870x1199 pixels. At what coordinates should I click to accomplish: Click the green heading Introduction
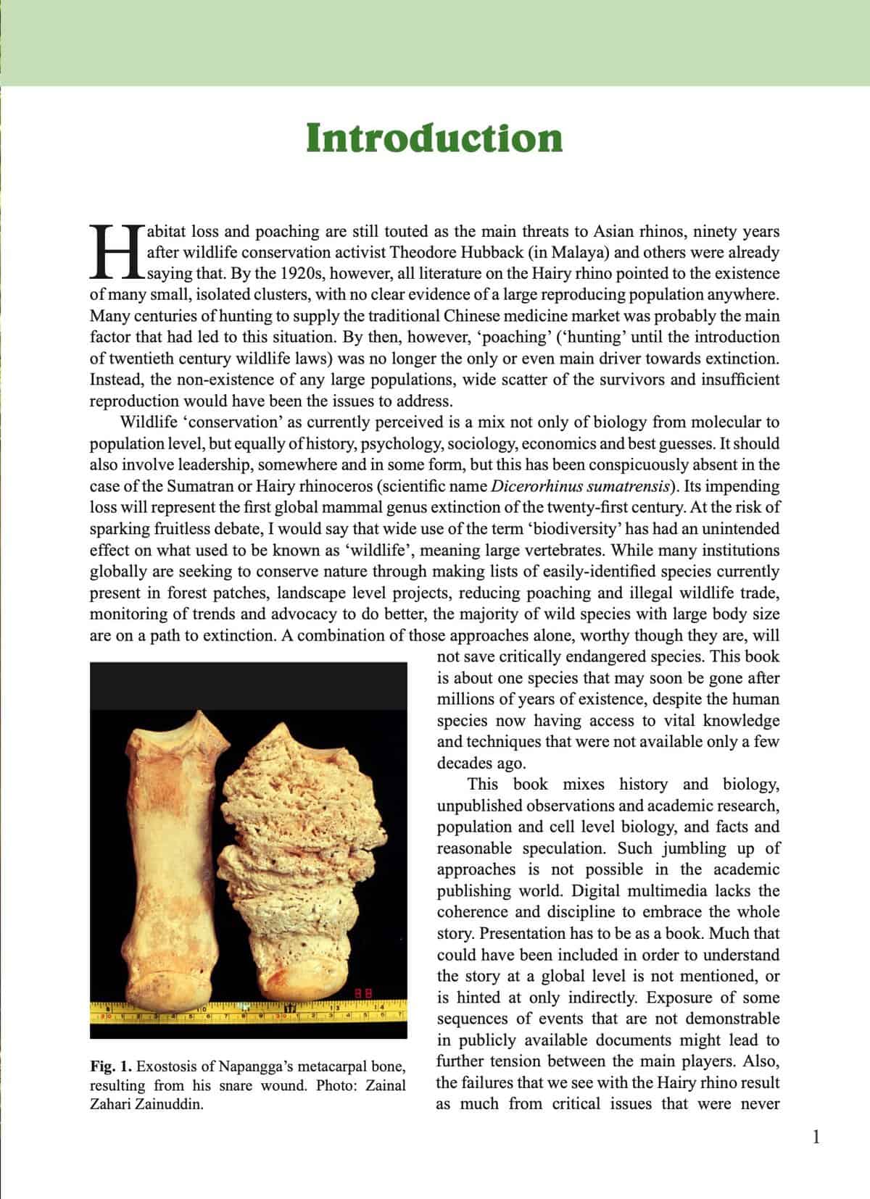click(x=434, y=138)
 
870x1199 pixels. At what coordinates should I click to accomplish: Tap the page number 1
click(x=816, y=1137)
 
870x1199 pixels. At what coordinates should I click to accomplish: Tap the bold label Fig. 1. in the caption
click(x=111, y=1066)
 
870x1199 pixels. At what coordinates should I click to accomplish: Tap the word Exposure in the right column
click(x=677, y=998)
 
